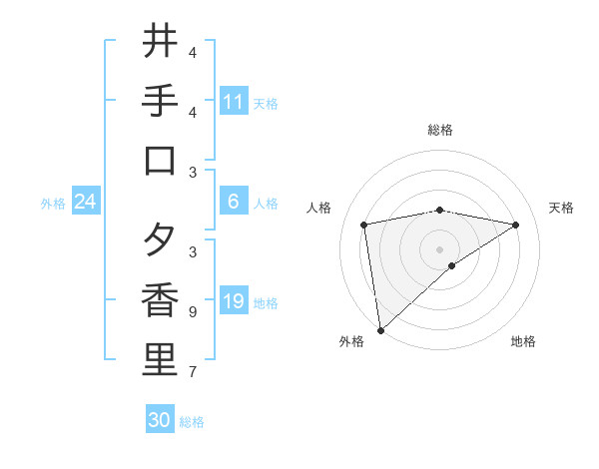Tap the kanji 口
[160, 161]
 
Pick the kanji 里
[160, 360]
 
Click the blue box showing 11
[234, 102]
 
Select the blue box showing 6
[234, 202]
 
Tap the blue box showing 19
[234, 301]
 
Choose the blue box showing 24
[85, 202]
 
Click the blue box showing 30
[160, 420]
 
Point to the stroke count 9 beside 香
[192, 312]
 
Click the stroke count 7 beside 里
[192, 372]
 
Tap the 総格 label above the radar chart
[439, 130]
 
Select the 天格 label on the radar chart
[561, 208]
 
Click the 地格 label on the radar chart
[523, 341]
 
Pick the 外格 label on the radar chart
[351, 341]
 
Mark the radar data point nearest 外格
[380, 329]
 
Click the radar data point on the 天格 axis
[516, 225]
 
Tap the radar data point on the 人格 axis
[364, 225]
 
